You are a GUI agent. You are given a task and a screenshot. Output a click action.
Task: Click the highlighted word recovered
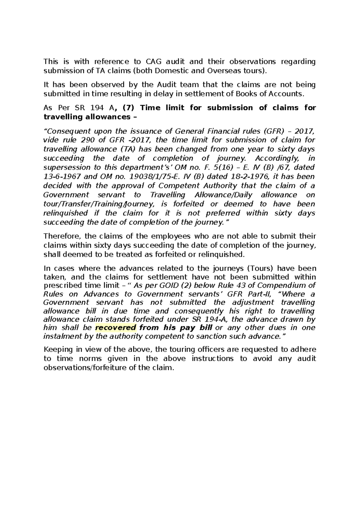pos(115,327)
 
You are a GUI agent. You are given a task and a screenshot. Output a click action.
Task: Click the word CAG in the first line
pos(154,62)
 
